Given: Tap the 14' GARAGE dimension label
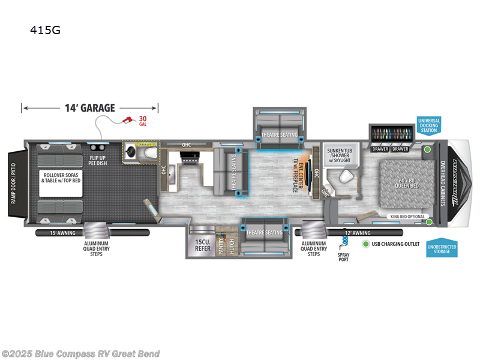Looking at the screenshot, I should [89, 108].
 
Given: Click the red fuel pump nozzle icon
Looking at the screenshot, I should [128, 120].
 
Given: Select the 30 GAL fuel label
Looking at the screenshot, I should [143, 120].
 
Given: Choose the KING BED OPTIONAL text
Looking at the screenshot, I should [407, 217].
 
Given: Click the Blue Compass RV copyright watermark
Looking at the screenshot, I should [81, 353].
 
